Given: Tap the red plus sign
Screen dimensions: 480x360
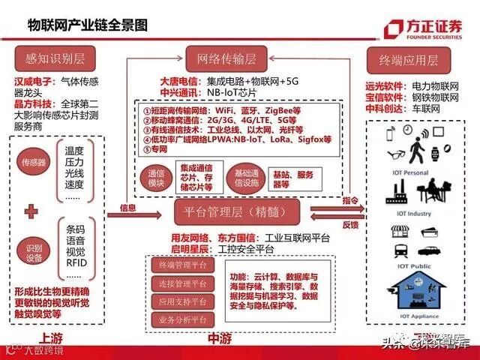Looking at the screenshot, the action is click(31, 211).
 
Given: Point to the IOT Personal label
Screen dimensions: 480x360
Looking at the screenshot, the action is click(408, 172).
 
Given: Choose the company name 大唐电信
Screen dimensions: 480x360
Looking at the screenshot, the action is click(178, 80).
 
